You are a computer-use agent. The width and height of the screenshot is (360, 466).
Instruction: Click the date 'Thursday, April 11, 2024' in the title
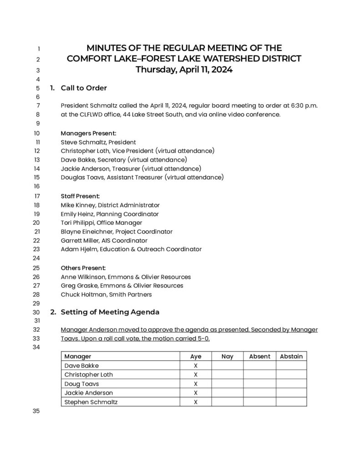pyautogui.click(x=184, y=70)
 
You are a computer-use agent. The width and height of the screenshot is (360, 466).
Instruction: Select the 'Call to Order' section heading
pyautogui.click(x=84, y=88)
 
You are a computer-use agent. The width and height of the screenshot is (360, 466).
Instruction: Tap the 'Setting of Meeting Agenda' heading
pyautogui.click(x=110, y=312)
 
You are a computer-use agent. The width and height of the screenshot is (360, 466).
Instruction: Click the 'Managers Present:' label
pyautogui.click(x=89, y=133)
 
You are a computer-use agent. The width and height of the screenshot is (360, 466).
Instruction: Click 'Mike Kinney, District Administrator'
pyautogui.click(x=110, y=205)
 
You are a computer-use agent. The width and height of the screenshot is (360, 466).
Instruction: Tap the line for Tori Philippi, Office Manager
pyautogui.click(x=101, y=223)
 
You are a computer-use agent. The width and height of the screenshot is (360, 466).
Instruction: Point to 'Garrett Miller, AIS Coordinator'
pyautogui.click(x=104, y=240)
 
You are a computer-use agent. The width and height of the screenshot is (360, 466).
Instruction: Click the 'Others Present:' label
pyautogui.click(x=83, y=268)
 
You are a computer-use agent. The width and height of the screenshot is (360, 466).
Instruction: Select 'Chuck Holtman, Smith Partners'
pyautogui.click(x=106, y=294)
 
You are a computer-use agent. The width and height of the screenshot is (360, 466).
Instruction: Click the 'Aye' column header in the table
pyautogui.click(x=195, y=356)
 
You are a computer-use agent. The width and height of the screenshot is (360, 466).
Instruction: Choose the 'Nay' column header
pyautogui.click(x=227, y=356)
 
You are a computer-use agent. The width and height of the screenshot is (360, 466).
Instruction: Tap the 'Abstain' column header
pyautogui.click(x=291, y=356)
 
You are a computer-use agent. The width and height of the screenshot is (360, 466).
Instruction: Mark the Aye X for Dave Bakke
pyautogui.click(x=195, y=366)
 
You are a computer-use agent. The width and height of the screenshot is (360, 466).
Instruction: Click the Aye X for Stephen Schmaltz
pyautogui.click(x=195, y=402)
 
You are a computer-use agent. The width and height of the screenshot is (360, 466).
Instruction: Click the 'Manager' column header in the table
pyautogui.click(x=78, y=356)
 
